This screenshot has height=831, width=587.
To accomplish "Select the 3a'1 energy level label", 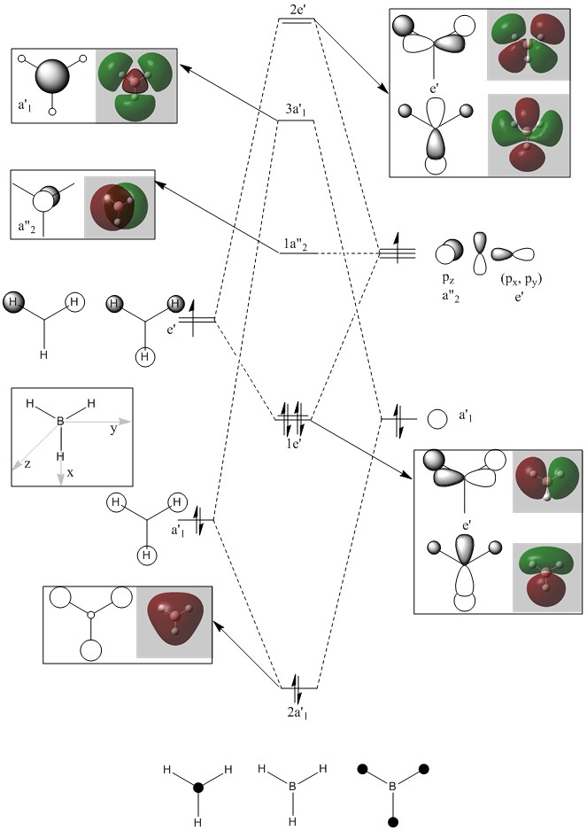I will click(x=297, y=110).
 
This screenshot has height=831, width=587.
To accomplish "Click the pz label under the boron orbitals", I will click(x=448, y=278).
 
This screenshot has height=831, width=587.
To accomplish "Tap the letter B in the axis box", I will click(x=60, y=422).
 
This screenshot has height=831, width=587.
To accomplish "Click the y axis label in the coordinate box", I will click(x=114, y=430).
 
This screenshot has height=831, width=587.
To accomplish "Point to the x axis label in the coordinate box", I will click(x=70, y=473).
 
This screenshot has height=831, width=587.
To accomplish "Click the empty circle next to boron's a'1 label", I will click(x=436, y=418).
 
